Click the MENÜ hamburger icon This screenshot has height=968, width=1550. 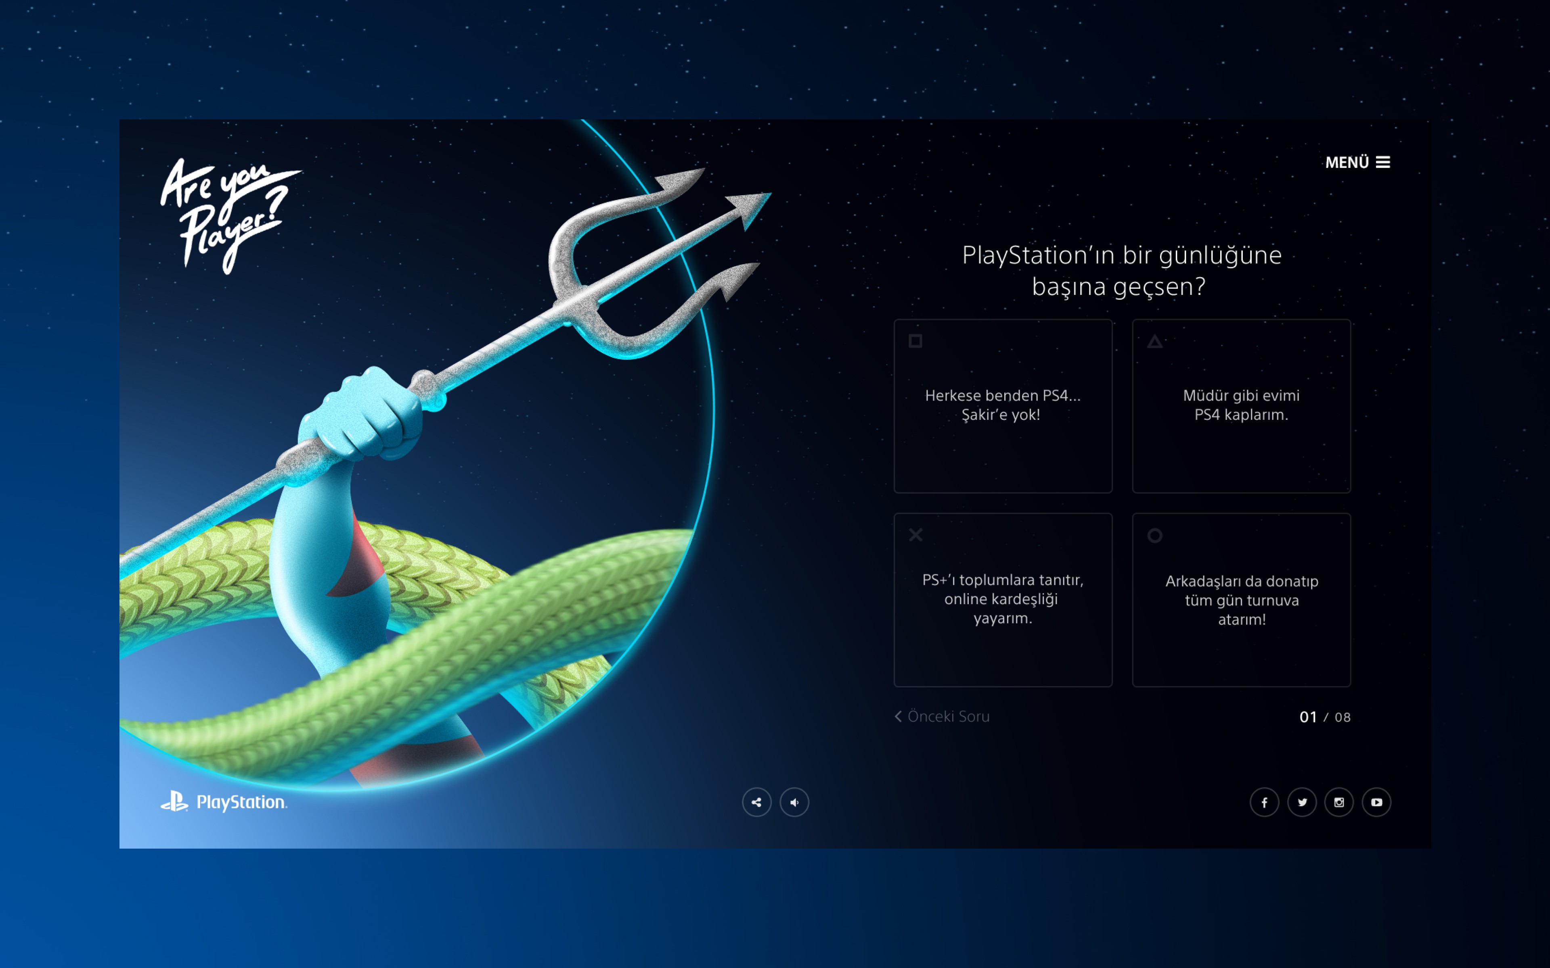1383,163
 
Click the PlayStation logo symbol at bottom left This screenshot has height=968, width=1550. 174,801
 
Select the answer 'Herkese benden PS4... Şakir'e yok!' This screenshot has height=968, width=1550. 1002,406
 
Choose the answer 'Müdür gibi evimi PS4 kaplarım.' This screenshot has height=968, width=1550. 1241,406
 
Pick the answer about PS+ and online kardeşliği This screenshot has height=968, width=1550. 1002,600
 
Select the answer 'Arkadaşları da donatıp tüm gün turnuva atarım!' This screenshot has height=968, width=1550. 1241,600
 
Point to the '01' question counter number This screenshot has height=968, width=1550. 1308,717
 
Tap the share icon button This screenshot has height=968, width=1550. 756,802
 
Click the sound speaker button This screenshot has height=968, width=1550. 794,802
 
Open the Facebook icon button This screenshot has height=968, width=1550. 1264,802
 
